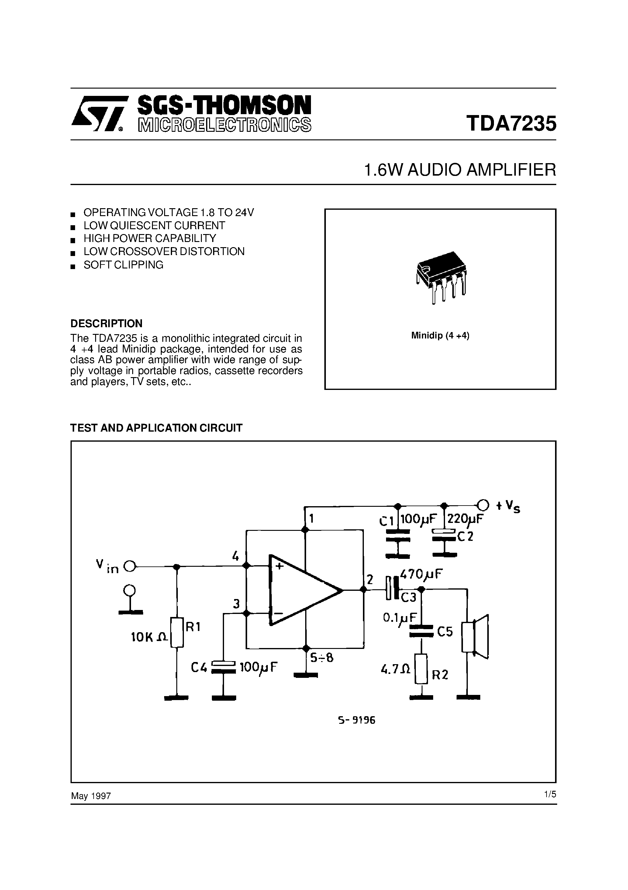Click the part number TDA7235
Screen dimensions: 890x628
click(511, 124)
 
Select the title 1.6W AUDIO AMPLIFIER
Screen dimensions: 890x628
click(460, 170)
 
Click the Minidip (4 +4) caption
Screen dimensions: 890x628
click(440, 336)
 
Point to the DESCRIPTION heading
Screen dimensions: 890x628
click(106, 323)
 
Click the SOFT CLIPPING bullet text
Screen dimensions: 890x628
click(123, 265)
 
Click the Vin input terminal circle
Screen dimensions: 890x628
click(130, 567)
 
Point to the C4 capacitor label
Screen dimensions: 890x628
click(199, 667)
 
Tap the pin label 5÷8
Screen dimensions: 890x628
click(321, 658)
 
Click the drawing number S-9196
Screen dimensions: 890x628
click(356, 720)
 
